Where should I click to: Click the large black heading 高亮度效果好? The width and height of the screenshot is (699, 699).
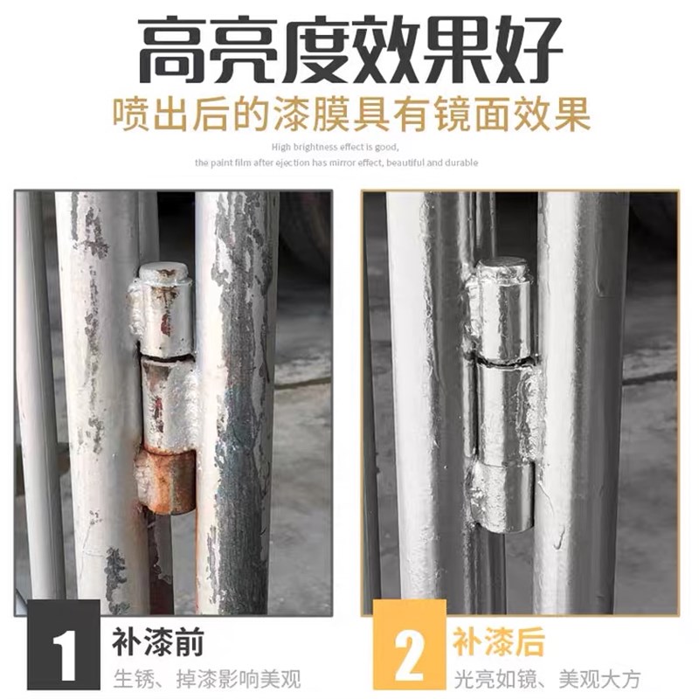click(x=349, y=49)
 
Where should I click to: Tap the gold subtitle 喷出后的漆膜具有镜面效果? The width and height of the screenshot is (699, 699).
click(x=349, y=114)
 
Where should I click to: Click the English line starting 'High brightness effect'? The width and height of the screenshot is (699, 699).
click(x=336, y=147)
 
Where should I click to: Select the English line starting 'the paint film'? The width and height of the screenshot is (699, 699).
click(x=336, y=163)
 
